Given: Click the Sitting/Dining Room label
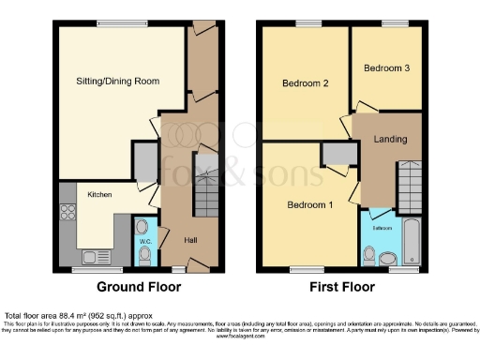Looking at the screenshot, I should tap(117, 82).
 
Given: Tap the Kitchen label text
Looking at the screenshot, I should tap(100, 194).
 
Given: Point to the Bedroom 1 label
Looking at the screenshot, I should tap(308, 205).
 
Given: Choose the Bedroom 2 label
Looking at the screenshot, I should tap(305, 83).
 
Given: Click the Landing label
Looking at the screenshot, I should tap(390, 140).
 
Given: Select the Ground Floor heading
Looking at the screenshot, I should tap(140, 288).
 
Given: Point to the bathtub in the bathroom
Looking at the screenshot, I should tap(412, 241).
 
